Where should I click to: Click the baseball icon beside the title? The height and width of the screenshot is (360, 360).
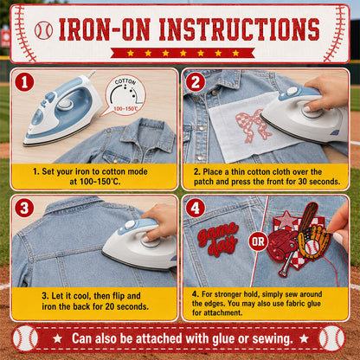click(x=43, y=30)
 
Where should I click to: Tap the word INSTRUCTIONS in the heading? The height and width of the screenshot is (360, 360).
click(x=239, y=29)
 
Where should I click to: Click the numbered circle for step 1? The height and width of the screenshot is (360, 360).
click(x=24, y=82)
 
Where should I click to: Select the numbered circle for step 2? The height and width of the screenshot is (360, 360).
click(x=196, y=82)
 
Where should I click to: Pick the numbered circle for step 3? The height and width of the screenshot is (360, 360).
click(x=24, y=208)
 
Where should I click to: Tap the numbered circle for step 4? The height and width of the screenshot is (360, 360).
click(x=196, y=208)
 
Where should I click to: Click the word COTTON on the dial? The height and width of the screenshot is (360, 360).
click(x=125, y=81)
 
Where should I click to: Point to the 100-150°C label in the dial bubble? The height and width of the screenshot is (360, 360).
click(x=125, y=109)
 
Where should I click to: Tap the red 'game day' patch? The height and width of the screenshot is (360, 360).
click(x=218, y=239)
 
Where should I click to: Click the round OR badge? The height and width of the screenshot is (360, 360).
click(x=258, y=241)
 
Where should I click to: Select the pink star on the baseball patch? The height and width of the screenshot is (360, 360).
click(x=286, y=219)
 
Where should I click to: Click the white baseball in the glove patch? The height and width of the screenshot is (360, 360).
click(x=312, y=247)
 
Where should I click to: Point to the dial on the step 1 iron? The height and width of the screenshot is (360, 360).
click(x=65, y=104)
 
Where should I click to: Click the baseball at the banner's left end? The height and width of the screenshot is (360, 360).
click(x=25, y=338)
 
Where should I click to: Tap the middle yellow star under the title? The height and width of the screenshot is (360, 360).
click(x=183, y=53)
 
